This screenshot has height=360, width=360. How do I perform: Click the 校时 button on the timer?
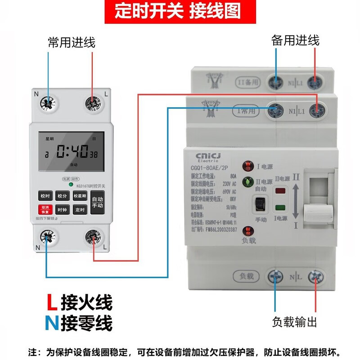pos(45,196)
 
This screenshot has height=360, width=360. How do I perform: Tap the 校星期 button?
pos(80,196)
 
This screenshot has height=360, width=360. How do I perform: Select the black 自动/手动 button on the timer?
pos(98,202)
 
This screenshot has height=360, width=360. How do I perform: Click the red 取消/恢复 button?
pos(45,210)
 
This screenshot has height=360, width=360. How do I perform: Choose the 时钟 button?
pos(62,210)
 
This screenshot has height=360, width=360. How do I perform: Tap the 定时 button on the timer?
pos(80,210)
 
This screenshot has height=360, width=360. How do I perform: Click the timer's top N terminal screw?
pos(47,103)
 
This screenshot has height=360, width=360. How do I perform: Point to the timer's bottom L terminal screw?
pos(93,237)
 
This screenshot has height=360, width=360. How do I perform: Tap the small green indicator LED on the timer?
pos(71,184)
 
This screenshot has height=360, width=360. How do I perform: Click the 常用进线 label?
pos(72,43)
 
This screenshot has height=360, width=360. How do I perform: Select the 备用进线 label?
pos(295,40)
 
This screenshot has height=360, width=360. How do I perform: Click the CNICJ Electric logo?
pos(208,157)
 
